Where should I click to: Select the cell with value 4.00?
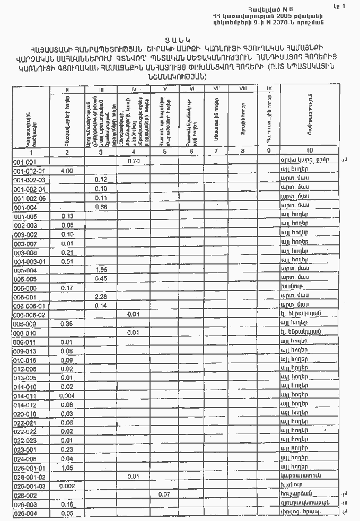tap(67, 171)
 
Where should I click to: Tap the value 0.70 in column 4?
tap(133, 161)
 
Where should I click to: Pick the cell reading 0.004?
tap(67, 396)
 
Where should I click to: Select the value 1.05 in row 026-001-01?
tap(67, 468)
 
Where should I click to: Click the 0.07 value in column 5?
tap(164, 494)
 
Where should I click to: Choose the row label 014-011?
tap(25, 396)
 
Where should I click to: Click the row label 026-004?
tap(25, 513)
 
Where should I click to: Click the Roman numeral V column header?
tap(164, 89)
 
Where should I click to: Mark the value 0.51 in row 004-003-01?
tap(67, 261)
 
